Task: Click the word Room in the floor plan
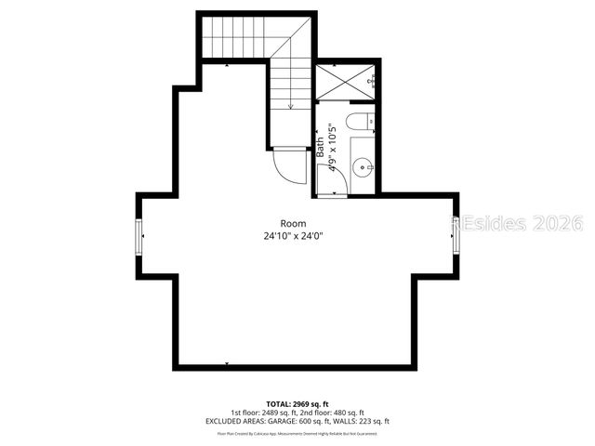(x=293, y=223)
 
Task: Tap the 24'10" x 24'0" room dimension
(x=293, y=236)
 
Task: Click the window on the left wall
(x=139, y=236)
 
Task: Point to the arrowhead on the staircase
(x=291, y=107)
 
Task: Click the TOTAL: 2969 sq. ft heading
(x=297, y=405)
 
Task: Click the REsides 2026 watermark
(x=517, y=223)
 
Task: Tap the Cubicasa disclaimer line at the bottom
(x=297, y=433)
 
